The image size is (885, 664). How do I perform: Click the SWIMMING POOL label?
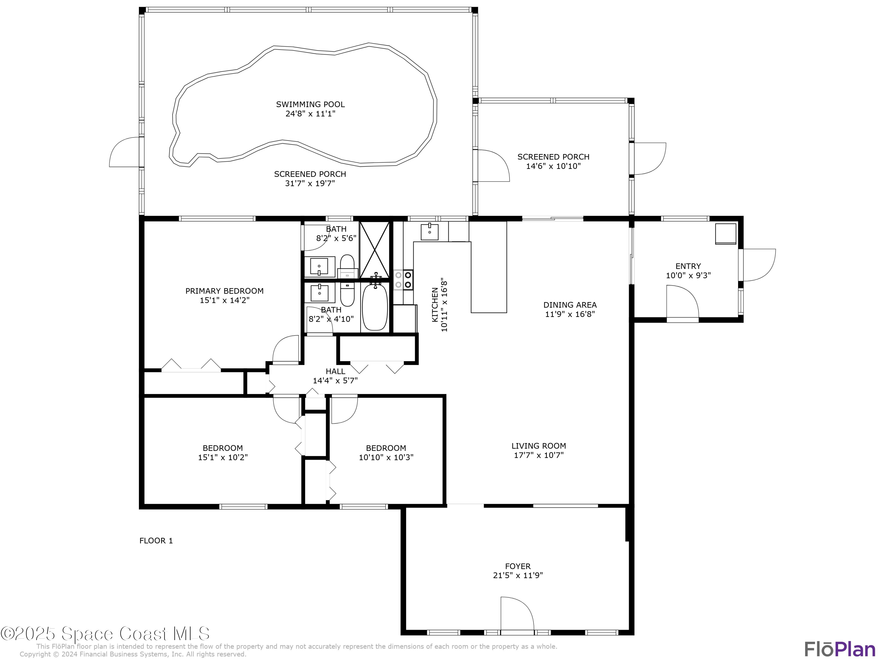310,104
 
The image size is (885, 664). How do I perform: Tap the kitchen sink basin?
429,232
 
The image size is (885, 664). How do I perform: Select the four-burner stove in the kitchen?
403,280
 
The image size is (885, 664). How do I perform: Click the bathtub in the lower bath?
375,307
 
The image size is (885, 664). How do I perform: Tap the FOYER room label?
518,566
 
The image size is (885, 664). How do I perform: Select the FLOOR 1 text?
156,541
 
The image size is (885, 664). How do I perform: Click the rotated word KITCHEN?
435,305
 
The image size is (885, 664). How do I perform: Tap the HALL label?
335,372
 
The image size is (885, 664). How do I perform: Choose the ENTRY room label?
688,266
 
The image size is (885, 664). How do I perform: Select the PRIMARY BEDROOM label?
224,291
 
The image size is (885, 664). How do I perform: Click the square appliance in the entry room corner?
726,234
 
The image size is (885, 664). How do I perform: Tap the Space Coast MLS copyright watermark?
105,634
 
